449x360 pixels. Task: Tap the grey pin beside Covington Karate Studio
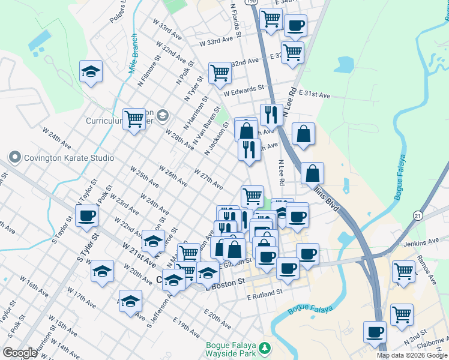tap(15, 158)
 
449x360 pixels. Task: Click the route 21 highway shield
tap(418, 215)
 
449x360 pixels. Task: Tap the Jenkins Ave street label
tap(422, 242)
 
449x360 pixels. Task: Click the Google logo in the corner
tap(20, 353)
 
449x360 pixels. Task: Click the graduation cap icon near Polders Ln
tap(91, 72)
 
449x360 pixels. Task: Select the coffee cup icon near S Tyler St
tap(87, 216)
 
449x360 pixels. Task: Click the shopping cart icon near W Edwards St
tap(220, 73)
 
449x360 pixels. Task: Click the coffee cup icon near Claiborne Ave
tap(375, 332)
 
